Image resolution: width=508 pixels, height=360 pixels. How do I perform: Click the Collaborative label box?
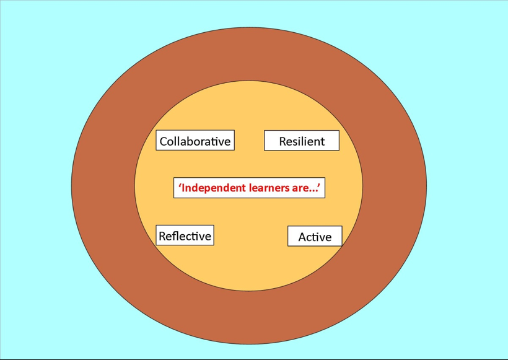click(x=195, y=140)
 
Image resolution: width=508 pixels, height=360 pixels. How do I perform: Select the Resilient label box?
click(x=302, y=140)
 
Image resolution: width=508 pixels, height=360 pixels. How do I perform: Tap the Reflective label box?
click(x=185, y=235)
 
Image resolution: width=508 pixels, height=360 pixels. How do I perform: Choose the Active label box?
click(x=315, y=236)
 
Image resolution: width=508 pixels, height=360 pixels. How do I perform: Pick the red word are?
click(x=300, y=188)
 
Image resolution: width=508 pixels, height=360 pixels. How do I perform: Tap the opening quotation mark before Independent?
click(x=180, y=185)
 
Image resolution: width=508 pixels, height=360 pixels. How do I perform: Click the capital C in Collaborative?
click(x=164, y=141)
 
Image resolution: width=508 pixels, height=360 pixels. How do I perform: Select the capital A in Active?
click(x=303, y=237)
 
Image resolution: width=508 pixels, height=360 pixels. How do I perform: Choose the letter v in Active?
click(x=322, y=238)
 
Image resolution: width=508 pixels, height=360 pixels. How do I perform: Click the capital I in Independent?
click(x=183, y=188)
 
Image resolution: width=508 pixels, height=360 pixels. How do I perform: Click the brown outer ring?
click(x=103, y=185)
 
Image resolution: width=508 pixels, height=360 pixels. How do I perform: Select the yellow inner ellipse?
click(x=248, y=266)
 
